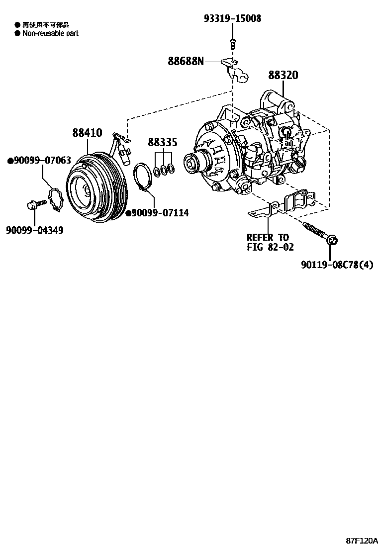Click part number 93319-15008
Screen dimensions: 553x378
tap(232, 18)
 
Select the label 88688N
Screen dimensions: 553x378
tap(186, 61)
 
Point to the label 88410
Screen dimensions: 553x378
tap(87, 133)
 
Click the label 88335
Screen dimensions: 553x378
tap(162, 143)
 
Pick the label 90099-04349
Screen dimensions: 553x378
tap(35, 230)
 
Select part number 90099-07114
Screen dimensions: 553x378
tap(157, 213)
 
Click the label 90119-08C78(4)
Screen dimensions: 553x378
tap(337, 265)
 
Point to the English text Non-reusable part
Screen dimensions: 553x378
tap(50, 33)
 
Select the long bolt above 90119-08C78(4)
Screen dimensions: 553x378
tap(318, 233)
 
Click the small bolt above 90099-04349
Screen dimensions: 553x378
tap(35, 204)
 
